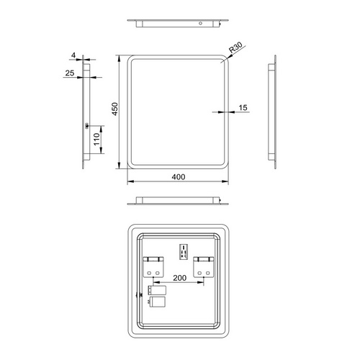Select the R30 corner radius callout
tap(235, 50)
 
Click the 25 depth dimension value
tap(69, 73)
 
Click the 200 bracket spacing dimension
tap(180, 276)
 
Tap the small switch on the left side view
tap(88, 127)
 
